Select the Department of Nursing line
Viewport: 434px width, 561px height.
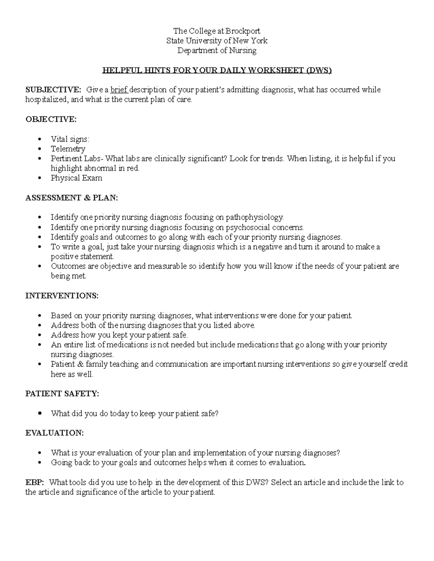(x=217, y=50)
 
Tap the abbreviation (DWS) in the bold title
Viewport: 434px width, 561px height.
(x=318, y=70)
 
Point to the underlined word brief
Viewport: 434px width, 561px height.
(x=119, y=90)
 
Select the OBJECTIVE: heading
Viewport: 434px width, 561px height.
(x=51, y=119)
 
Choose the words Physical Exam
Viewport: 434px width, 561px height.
(x=76, y=178)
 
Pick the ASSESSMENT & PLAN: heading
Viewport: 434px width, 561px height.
(x=72, y=198)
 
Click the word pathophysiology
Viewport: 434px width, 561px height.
(x=255, y=217)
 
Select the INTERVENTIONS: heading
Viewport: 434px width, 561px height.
(x=61, y=296)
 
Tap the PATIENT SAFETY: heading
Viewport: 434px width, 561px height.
(x=62, y=394)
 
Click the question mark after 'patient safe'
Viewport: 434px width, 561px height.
(x=217, y=414)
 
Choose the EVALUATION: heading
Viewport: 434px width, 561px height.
(x=54, y=433)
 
